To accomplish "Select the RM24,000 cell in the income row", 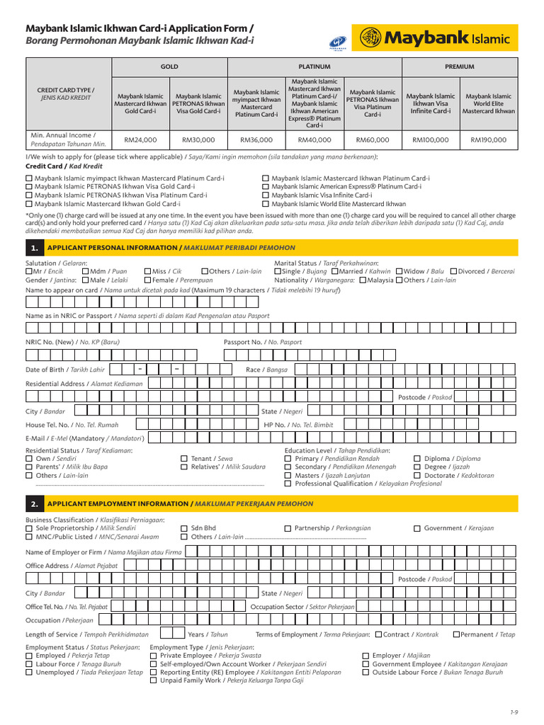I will pos(140,140).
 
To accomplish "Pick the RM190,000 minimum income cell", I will pos(489,140).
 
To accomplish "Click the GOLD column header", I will pos(169,67).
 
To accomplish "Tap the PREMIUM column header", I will pos(459,67).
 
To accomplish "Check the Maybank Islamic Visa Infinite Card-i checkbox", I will pos(266,195).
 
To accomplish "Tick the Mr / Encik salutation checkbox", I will pos(29,271).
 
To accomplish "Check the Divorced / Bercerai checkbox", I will pos(453,271).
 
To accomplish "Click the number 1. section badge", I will pos(34,248).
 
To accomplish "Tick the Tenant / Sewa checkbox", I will pos(184,459).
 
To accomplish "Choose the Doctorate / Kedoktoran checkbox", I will pos(417,476).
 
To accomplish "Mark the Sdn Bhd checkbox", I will pos(184,528).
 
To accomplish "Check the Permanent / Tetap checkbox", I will pos(455,634).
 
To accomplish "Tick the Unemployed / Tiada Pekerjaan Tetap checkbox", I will pos(29,673).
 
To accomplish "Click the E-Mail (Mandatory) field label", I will pos(85,438).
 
